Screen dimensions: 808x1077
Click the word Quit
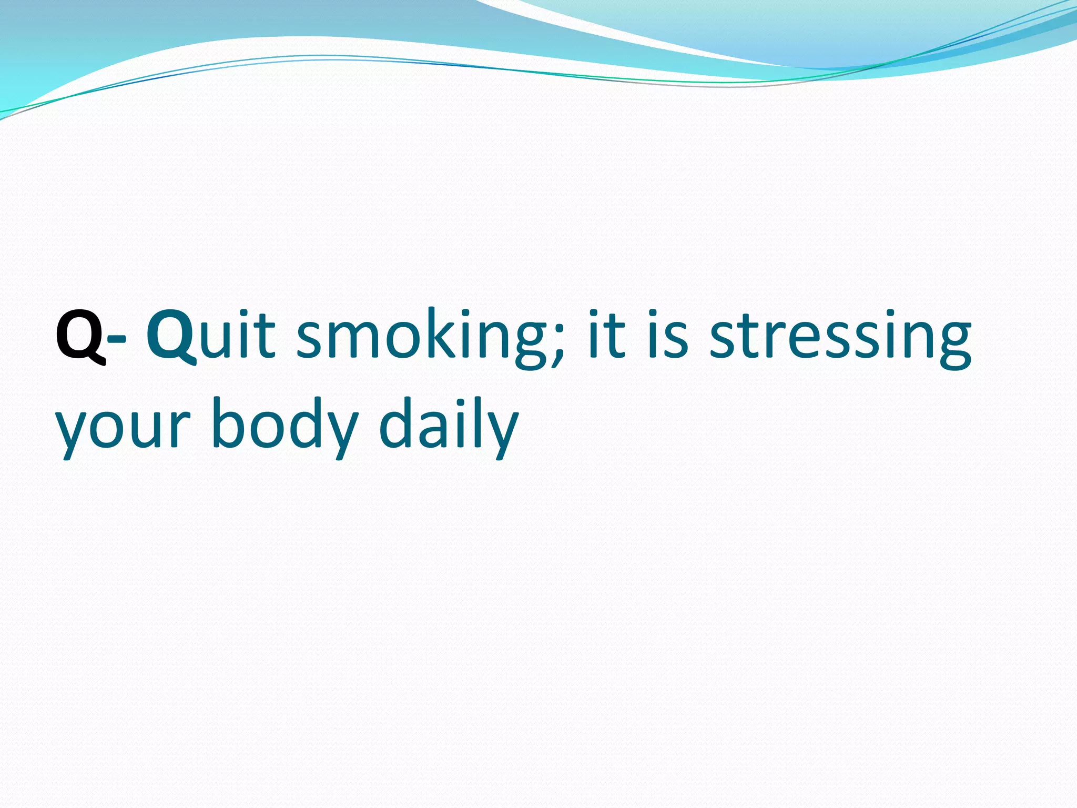click(210, 336)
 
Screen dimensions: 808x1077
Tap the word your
click(122, 429)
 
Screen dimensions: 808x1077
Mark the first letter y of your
click(73, 434)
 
